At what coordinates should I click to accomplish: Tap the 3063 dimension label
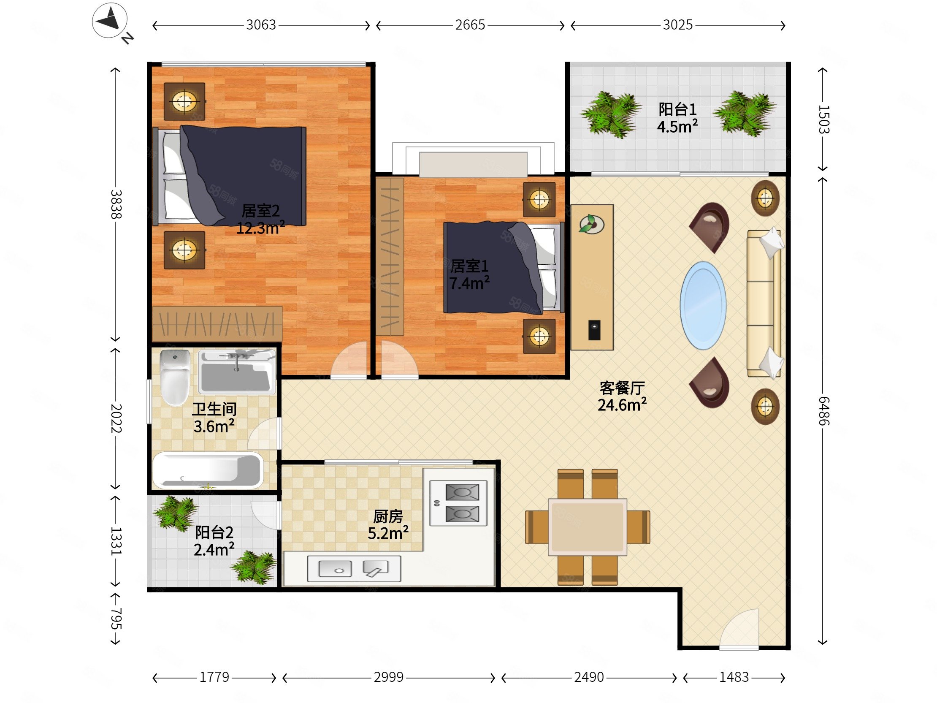click(x=261, y=25)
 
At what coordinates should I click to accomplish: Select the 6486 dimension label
click(x=823, y=411)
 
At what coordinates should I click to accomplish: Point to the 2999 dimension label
click(x=388, y=677)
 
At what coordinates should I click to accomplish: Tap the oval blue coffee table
click(x=703, y=305)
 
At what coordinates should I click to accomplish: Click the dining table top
click(x=588, y=527)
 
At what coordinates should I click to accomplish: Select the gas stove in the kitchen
click(x=458, y=503)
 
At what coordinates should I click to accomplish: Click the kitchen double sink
click(x=354, y=568)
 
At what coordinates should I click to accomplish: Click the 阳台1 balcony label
click(x=677, y=109)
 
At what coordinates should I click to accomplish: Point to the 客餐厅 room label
click(x=622, y=388)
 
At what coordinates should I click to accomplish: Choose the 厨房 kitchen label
click(x=388, y=516)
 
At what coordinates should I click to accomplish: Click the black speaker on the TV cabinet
click(x=594, y=329)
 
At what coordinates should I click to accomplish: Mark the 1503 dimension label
click(x=823, y=119)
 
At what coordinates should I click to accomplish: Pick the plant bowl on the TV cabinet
click(x=591, y=224)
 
